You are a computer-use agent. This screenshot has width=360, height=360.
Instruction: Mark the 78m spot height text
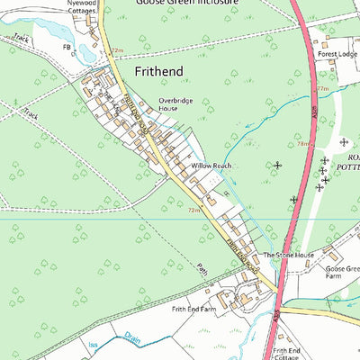coord(303,143)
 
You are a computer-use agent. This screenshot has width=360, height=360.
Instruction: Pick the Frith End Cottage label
coord(287,354)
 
